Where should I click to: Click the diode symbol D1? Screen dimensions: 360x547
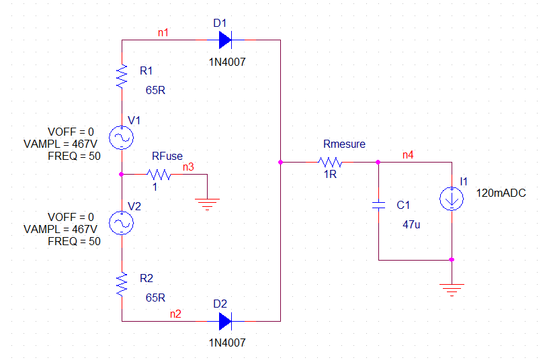click(225, 41)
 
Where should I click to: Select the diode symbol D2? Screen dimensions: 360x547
click(225, 321)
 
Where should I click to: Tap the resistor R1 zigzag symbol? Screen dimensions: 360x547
click(122, 76)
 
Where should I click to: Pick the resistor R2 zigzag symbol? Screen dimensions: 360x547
click(122, 284)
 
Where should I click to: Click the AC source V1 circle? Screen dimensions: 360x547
click(122, 138)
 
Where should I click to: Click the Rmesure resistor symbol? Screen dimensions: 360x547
click(331, 162)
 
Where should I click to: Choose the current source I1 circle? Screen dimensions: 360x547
click(452, 199)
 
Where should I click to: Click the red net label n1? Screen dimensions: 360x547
click(163, 32)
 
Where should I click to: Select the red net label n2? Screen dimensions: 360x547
click(175, 313)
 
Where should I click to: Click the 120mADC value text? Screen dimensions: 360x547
click(501, 193)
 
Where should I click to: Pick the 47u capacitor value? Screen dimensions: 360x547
click(411, 224)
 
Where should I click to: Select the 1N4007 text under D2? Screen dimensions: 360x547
click(227, 343)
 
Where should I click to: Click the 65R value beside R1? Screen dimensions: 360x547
click(155, 89)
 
